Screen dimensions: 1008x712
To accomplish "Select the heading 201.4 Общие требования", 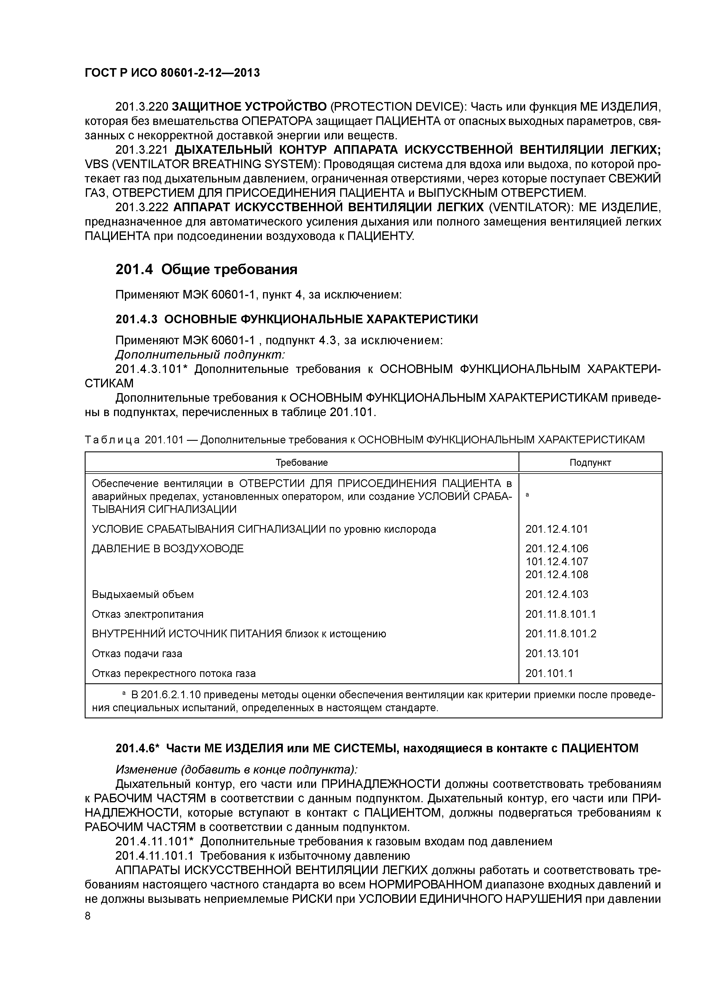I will point(206,269).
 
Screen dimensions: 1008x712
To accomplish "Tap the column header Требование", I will point(301,462).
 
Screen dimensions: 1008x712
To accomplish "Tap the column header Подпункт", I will point(590,462).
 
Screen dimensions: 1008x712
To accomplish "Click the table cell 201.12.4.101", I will point(556,529).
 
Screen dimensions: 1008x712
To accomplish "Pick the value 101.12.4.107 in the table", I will point(556,561).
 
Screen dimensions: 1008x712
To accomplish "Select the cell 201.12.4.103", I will point(556,595).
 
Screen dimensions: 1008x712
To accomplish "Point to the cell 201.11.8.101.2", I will point(561,634).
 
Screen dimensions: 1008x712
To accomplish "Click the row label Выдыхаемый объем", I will point(143,595).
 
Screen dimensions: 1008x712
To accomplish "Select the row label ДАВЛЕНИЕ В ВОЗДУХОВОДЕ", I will point(168,549).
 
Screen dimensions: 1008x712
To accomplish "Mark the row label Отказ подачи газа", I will point(137,653).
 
